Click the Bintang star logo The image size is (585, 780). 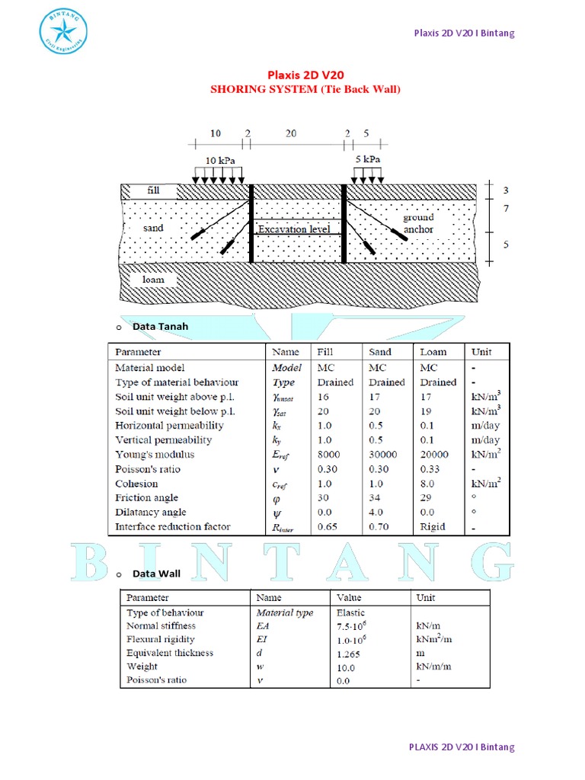[x=63, y=32]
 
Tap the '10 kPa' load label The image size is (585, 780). [x=221, y=161]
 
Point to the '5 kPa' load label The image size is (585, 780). [x=368, y=160]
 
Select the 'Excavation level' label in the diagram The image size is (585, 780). [x=294, y=229]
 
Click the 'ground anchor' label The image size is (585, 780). [x=419, y=223]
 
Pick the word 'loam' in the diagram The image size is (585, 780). [x=153, y=280]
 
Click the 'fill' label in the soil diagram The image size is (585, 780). [x=153, y=189]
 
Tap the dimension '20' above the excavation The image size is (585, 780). [x=291, y=133]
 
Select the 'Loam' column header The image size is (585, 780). [x=433, y=352]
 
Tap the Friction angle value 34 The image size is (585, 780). [x=374, y=497]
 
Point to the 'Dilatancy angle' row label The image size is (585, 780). [x=151, y=512]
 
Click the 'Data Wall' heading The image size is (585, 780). [x=157, y=574]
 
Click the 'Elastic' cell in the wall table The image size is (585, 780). [x=350, y=612]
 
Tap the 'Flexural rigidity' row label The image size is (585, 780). [x=160, y=639]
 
